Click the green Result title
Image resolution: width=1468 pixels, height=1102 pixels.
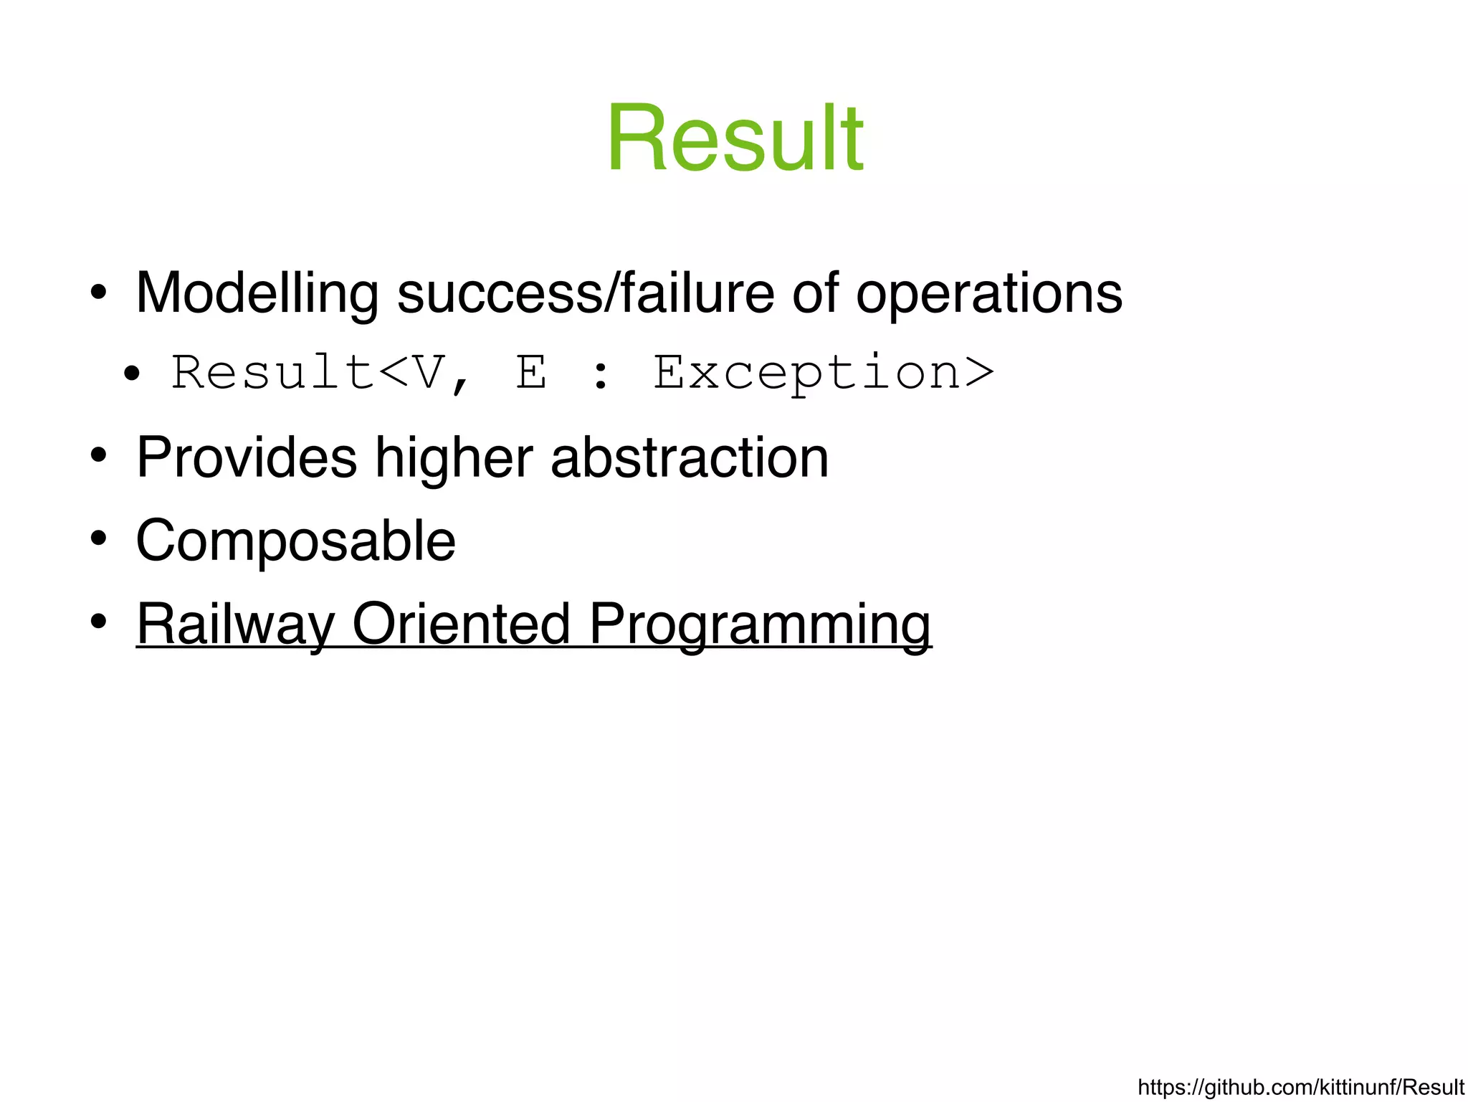[735, 138]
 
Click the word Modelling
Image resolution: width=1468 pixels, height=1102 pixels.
[257, 294]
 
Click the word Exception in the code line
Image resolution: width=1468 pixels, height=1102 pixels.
[823, 373]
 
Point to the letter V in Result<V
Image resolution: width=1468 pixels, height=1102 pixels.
[428, 373]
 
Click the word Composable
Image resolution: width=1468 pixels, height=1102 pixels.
[295, 541]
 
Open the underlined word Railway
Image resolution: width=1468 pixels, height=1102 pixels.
[235, 624]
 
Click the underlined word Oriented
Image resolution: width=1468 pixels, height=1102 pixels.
[462, 623]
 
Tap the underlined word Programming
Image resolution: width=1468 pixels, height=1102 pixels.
[759, 624]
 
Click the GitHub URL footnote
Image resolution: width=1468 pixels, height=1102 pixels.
[1300, 1087]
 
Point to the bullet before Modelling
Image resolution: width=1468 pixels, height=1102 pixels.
[99, 293]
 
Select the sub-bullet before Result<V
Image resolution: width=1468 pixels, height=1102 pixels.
[131, 374]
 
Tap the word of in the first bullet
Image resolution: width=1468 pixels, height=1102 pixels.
[815, 294]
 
